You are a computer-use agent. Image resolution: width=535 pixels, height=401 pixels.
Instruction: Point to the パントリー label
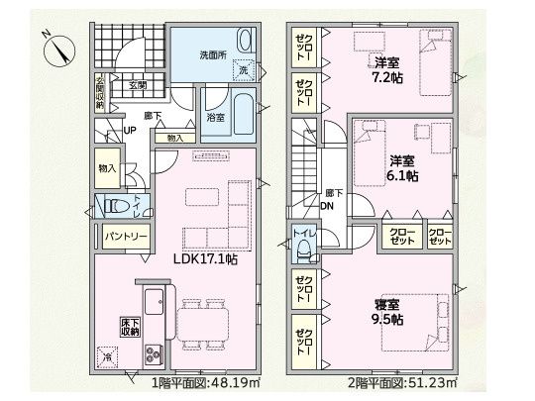tap(123, 238)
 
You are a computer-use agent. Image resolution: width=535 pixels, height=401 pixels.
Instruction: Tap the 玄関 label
tap(137, 86)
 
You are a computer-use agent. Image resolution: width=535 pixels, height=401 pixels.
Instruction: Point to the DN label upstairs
tap(328, 206)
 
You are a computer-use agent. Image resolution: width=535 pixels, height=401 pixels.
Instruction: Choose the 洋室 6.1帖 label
tap(400, 168)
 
